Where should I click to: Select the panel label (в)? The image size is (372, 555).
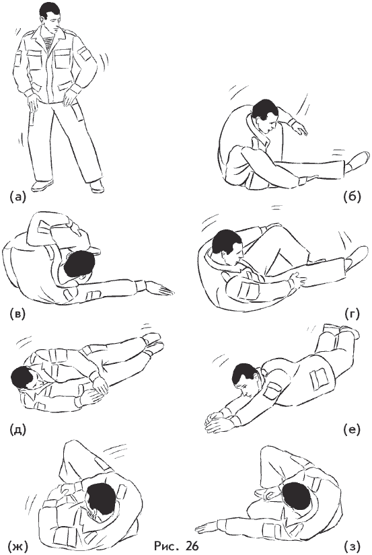pos(17,314)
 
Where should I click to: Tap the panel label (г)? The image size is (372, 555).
pos(352,313)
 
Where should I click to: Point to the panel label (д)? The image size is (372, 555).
pos(17,429)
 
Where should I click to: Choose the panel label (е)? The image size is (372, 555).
pos(352,429)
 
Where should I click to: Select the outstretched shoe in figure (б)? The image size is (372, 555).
pos(357,161)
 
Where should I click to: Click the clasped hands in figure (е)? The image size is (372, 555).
pos(219,421)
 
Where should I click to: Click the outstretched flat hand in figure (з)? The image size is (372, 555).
pos(208,527)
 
